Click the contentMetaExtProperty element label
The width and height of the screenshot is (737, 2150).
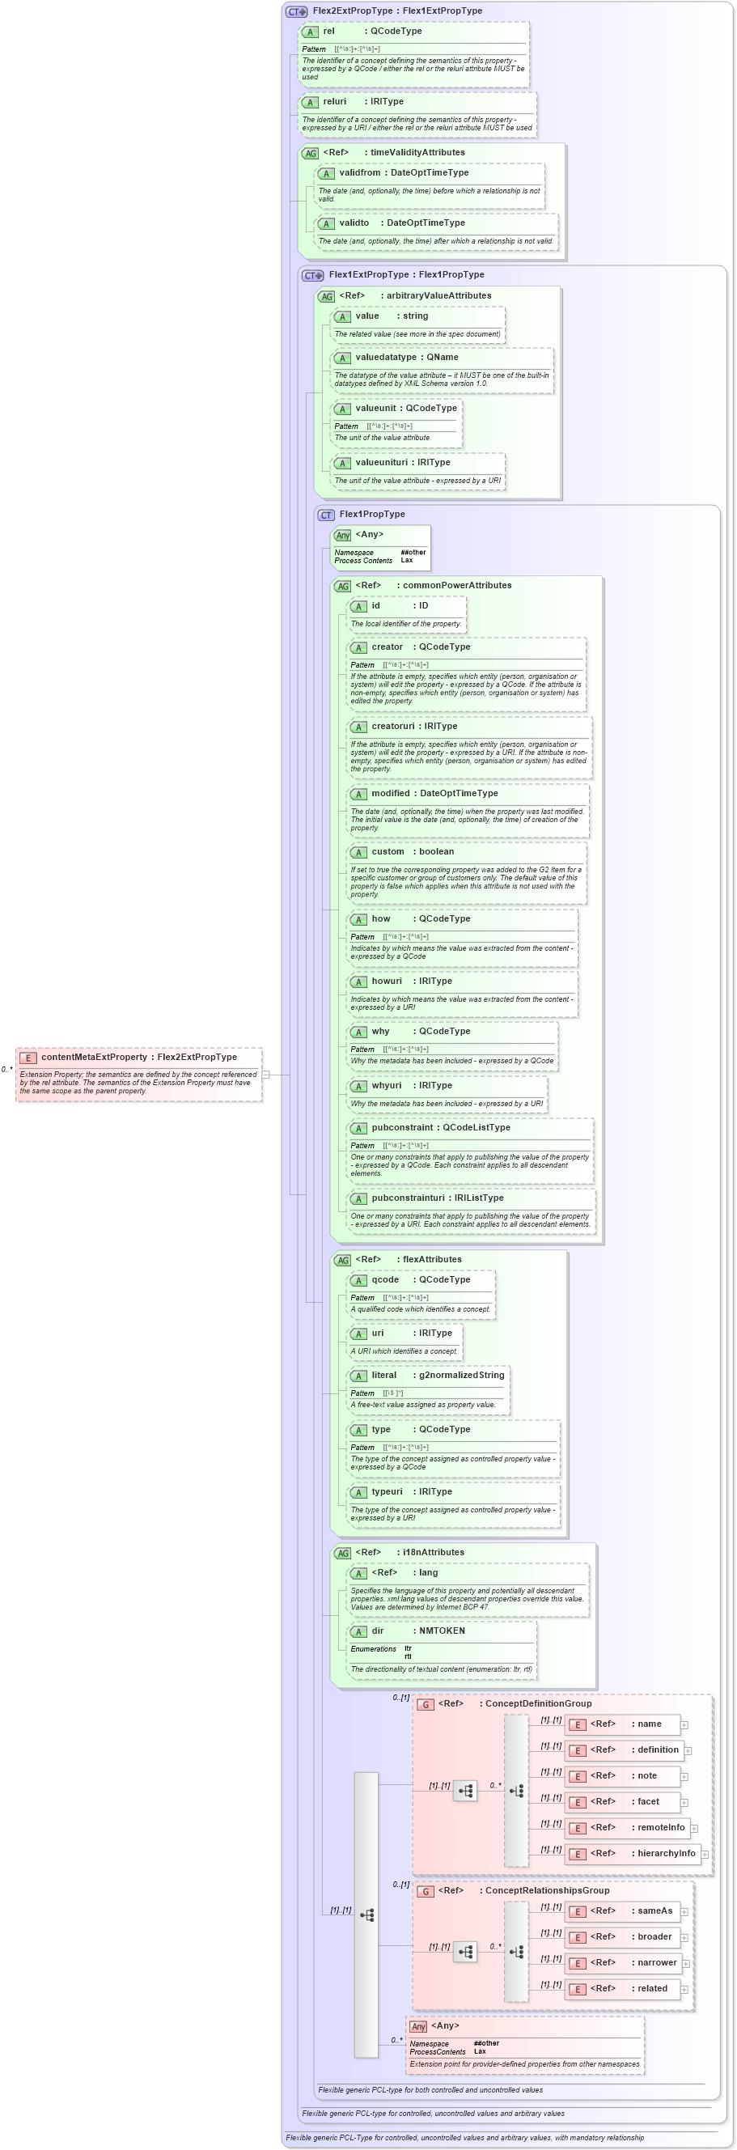94,1057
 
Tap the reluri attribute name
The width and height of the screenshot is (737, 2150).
335,102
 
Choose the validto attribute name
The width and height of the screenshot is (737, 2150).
354,223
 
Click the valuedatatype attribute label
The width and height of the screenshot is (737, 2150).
386,357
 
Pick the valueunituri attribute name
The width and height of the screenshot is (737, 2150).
381,462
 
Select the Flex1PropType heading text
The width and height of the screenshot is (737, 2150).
371,514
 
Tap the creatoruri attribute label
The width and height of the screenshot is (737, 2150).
394,726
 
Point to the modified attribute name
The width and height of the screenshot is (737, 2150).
391,793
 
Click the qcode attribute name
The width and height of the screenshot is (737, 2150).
385,1279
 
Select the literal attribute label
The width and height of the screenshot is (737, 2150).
384,1375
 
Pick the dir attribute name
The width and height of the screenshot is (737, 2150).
377,1630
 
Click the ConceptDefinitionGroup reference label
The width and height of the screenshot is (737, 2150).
537,1703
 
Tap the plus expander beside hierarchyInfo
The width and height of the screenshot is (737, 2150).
705,1855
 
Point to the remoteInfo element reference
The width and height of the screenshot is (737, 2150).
660,1827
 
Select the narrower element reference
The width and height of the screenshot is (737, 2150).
657,1962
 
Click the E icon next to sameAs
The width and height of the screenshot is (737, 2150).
576,1911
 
